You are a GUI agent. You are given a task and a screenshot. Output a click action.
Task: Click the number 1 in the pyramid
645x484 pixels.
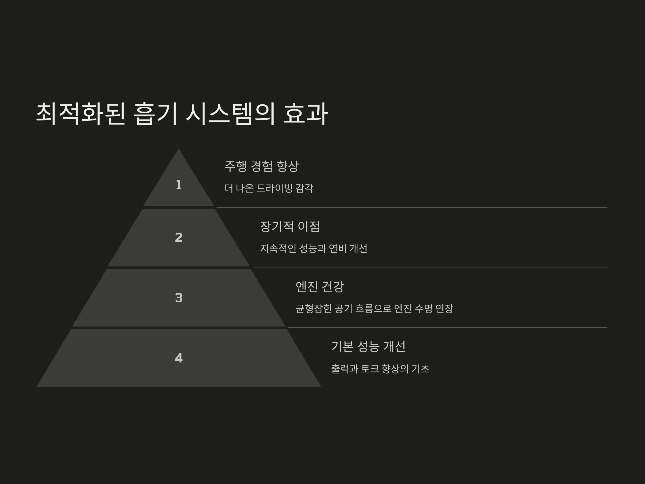coord(179,185)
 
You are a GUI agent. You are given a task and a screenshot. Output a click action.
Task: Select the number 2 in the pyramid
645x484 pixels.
coord(179,237)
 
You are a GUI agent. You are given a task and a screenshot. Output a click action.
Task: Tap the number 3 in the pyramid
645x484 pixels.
coord(179,298)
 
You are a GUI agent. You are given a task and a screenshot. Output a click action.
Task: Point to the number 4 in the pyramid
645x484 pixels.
coord(179,358)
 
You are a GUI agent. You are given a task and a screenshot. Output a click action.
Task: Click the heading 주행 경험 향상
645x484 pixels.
coord(261,166)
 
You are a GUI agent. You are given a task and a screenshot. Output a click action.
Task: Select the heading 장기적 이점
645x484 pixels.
coord(290,227)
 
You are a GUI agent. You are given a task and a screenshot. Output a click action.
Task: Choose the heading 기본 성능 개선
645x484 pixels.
coord(368,347)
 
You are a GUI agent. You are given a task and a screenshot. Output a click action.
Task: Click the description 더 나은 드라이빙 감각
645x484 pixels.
coord(269,188)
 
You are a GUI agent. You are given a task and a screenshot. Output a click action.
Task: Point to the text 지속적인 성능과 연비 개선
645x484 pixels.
coord(313,248)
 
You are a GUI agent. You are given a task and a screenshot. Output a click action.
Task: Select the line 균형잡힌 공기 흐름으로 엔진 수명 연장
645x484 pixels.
coord(374,309)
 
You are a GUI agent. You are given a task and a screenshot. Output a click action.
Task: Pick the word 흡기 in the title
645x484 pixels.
coord(156,114)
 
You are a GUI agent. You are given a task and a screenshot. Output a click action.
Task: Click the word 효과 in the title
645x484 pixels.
coord(306,114)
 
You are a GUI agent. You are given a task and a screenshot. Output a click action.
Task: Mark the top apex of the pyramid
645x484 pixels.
coord(178,149)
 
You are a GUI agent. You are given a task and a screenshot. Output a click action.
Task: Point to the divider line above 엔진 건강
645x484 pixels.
coord(430,268)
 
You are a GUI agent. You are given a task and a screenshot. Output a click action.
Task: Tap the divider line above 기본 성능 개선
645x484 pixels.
coord(447,328)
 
